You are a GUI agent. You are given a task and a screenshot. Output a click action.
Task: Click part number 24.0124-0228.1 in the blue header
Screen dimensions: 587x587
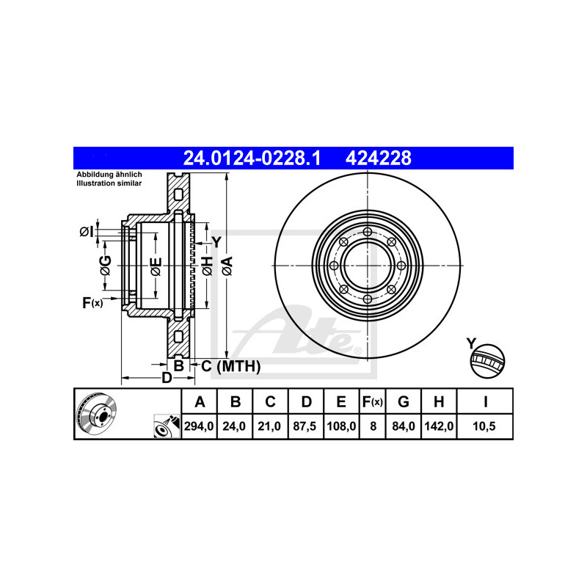pos(252,158)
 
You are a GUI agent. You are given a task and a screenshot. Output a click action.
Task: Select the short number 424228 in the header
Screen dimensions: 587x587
pos(378,158)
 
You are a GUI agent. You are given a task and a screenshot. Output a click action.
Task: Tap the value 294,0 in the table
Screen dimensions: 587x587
pos(199,426)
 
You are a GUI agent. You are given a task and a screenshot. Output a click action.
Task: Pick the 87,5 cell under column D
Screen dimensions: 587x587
pos(305,426)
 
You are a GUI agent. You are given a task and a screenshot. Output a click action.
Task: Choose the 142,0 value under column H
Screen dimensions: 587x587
pos(439,426)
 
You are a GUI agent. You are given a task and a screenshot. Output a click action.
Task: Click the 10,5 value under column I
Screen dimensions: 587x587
pos(484,426)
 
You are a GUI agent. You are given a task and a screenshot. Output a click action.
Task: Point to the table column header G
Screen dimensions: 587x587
pos(403,401)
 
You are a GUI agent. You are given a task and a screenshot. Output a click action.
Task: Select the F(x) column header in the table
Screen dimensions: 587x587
pos(373,401)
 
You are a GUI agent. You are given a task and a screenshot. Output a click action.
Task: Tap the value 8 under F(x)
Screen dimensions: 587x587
pos(373,426)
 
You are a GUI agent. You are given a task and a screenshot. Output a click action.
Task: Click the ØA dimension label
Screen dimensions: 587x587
pos(227,266)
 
